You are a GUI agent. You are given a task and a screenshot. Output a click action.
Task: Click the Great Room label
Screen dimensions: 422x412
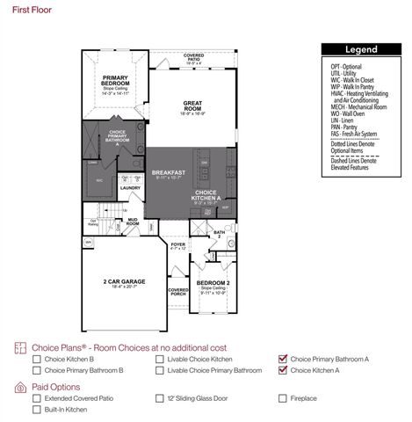coord(192,104)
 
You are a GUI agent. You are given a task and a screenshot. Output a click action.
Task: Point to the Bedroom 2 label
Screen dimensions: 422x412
coord(214,282)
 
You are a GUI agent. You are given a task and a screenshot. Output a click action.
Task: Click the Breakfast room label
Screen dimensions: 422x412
coord(166,172)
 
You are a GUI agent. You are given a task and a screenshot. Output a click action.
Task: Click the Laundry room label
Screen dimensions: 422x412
coord(131,187)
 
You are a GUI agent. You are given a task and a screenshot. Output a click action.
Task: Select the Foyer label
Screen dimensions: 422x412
coord(178,245)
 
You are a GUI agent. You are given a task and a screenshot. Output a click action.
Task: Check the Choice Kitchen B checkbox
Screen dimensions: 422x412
coord(36,359)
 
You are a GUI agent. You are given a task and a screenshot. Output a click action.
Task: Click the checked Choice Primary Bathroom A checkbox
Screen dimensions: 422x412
coord(282,359)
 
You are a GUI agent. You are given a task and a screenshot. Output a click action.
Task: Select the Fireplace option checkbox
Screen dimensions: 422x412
coord(282,398)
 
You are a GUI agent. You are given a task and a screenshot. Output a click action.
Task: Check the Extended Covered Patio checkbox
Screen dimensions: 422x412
coord(36,398)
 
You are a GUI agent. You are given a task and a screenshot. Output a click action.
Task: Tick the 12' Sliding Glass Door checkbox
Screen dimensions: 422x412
coord(159,398)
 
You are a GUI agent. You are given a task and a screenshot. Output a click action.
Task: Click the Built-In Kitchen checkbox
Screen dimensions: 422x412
coord(36,410)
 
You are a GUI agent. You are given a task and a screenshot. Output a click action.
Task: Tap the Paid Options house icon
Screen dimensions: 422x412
coord(20,387)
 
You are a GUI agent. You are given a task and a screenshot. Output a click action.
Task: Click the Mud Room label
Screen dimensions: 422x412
coord(133,222)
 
